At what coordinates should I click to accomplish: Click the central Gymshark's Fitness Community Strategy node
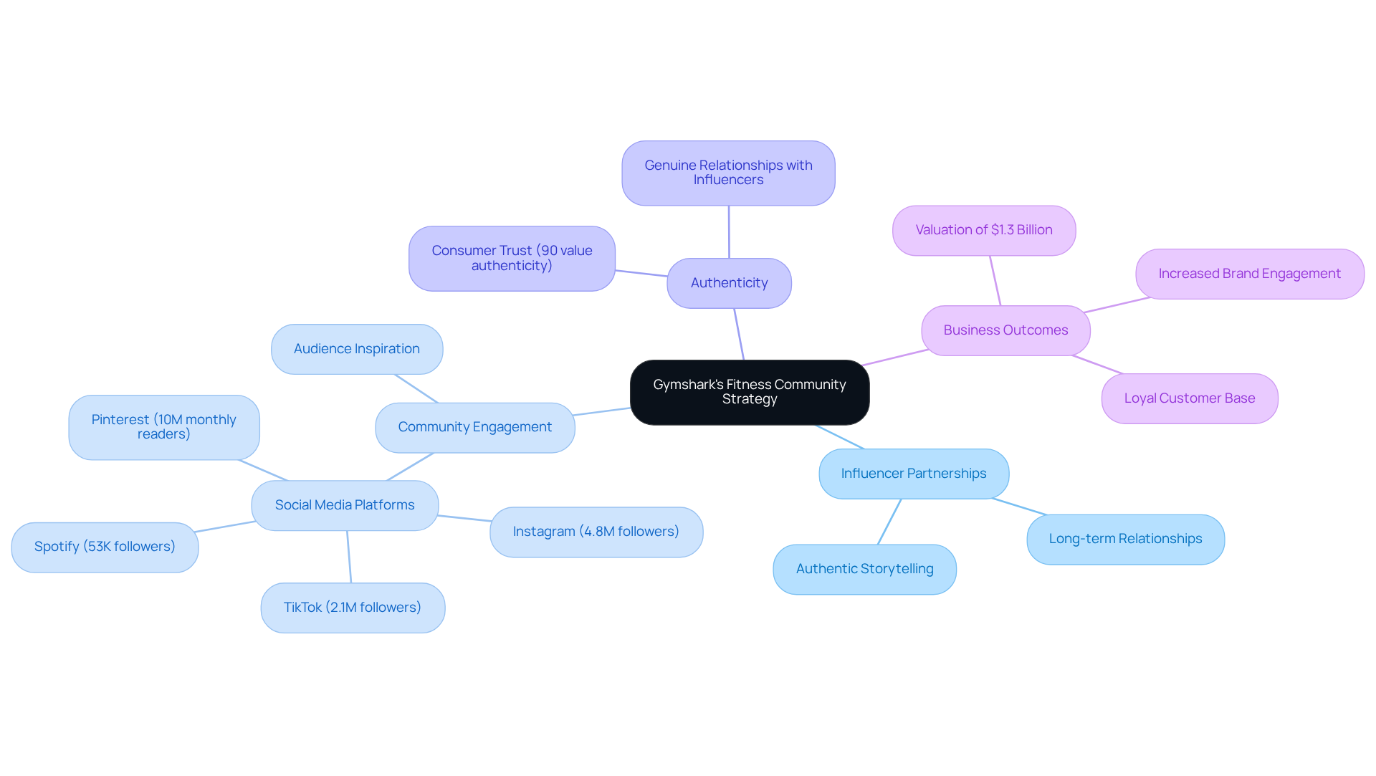(749, 392)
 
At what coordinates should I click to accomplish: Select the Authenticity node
(729, 283)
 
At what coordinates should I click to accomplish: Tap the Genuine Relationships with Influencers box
(728, 173)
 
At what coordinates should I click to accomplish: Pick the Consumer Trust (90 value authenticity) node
(512, 258)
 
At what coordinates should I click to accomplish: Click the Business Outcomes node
(1005, 330)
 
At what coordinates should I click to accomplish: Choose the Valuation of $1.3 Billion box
(983, 230)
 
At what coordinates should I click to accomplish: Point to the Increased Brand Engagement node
(1249, 274)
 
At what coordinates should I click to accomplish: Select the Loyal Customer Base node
(1189, 398)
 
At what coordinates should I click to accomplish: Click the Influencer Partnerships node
(913, 474)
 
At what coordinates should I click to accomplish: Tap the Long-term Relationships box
(1125, 539)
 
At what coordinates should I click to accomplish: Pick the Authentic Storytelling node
(864, 569)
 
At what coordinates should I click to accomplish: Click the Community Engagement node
(474, 427)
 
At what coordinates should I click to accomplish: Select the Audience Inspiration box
(356, 349)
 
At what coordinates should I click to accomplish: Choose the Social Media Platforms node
(345, 505)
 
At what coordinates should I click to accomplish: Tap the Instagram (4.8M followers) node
(596, 532)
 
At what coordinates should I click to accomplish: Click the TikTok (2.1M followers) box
(352, 608)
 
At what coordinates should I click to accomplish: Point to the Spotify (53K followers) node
(105, 547)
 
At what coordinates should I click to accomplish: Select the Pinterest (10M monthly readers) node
(163, 427)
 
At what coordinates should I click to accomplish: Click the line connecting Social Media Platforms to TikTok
(349, 557)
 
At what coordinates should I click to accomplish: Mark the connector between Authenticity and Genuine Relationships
(729, 232)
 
